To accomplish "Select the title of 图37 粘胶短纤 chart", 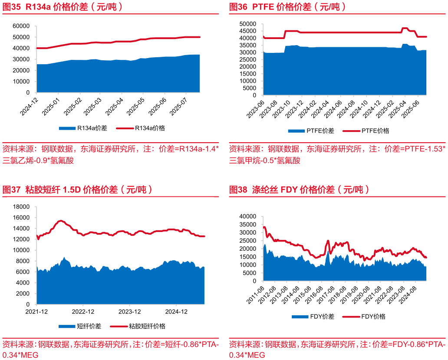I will (x=78, y=190).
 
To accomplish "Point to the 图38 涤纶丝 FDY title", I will (x=299, y=190).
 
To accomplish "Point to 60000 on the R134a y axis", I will (x=21, y=26).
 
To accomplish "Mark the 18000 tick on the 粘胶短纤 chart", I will (x=21, y=207).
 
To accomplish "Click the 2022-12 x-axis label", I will (x=83, y=311).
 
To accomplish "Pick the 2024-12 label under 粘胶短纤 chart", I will (x=176, y=311).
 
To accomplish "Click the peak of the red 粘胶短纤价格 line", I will (x=61, y=221).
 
